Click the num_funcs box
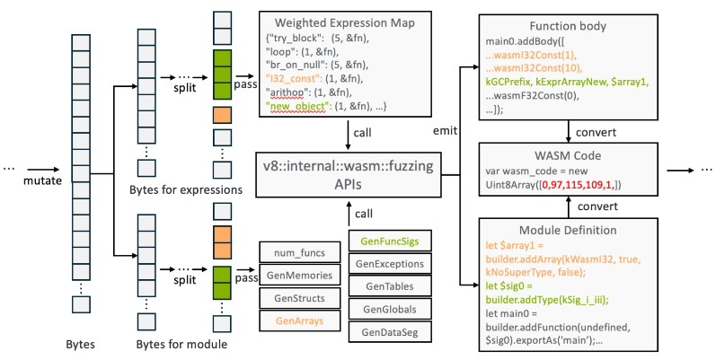tap(297, 253)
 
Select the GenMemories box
tap(297, 275)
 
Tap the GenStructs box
tap(297, 296)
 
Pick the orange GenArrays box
tap(297, 318)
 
